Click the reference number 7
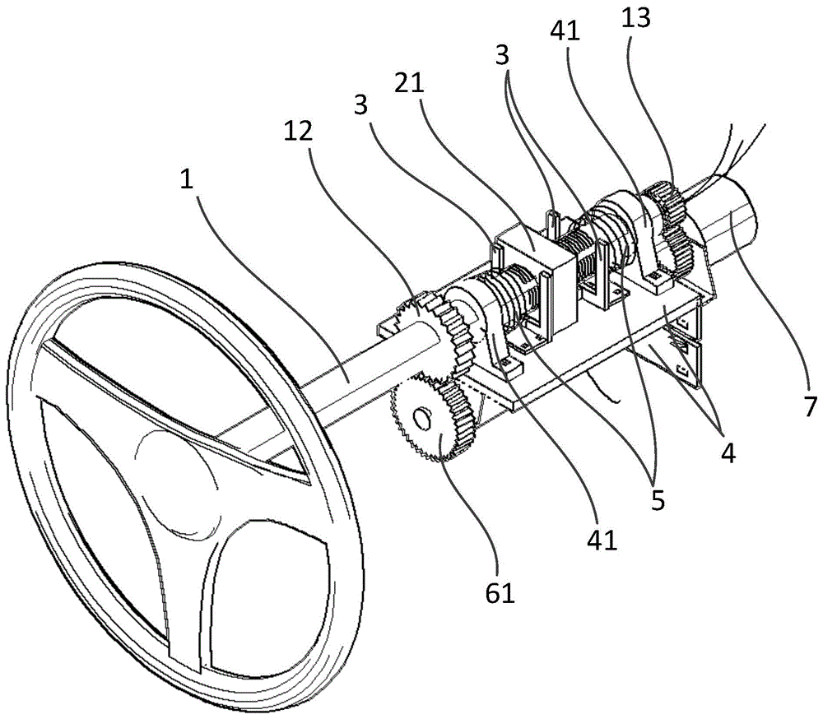810,406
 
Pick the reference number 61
499,591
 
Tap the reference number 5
657,500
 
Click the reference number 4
726,451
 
